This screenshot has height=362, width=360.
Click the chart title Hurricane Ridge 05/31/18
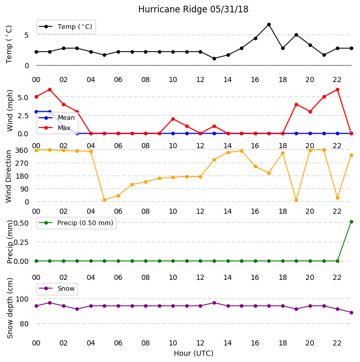[193, 9]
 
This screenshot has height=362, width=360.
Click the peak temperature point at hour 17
[269, 24]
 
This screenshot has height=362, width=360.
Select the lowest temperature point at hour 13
[214, 59]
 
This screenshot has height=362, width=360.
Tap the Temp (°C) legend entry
[66, 27]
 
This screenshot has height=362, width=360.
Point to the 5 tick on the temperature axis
[26, 35]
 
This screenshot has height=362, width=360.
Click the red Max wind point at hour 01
[50, 89]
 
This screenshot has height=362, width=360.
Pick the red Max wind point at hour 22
[338, 89]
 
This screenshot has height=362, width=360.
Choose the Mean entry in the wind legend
[57, 118]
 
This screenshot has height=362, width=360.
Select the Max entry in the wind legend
[55, 128]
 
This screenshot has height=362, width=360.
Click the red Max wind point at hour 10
[173, 119]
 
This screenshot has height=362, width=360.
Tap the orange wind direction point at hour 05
[105, 200]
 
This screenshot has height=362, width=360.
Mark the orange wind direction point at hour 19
[297, 200]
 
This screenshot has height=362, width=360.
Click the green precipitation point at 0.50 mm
[351, 222]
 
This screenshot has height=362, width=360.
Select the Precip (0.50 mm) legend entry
[76, 223]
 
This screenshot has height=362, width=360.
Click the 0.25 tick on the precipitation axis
[21, 242]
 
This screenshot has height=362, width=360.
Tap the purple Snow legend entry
[57, 289]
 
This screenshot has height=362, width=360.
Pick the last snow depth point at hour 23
[351, 312]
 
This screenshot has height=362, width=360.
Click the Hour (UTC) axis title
[193, 353]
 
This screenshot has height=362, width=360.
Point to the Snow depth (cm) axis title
[9, 308]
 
